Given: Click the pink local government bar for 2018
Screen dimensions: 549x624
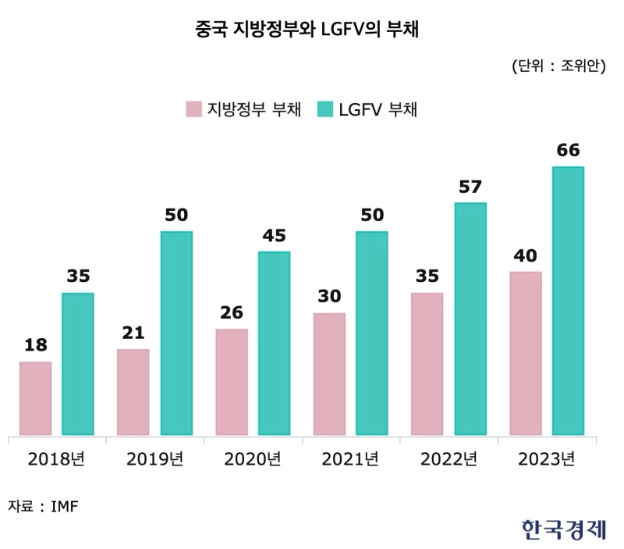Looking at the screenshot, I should point(36,398).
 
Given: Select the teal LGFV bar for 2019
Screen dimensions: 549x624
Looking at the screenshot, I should point(176,333).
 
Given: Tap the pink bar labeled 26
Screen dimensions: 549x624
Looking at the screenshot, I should point(232,382).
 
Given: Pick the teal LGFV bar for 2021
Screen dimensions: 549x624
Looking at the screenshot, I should point(372,333).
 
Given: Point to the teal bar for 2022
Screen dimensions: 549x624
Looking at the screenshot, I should point(470,319).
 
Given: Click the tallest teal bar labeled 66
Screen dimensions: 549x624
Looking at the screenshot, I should point(568,301).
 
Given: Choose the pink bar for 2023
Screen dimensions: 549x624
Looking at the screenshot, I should point(526,353).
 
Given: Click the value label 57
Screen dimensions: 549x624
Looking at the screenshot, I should point(470,187).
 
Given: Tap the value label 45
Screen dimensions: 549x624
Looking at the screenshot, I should point(275,236).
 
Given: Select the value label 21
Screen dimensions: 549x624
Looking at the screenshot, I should point(133,333).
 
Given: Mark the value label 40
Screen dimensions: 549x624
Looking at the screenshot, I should point(526,256).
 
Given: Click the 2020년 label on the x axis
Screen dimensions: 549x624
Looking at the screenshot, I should point(252,458).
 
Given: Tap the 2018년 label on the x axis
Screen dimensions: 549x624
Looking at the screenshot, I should point(56,458).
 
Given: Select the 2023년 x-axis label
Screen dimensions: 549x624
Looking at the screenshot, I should point(546,458).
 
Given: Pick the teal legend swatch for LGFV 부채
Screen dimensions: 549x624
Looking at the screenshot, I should point(325,109).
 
